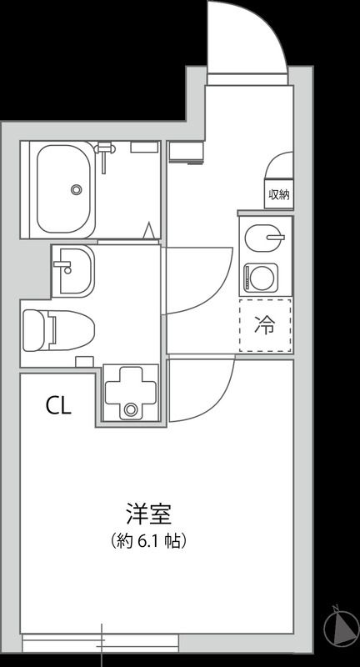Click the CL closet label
point(58,406)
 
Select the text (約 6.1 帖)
point(148,540)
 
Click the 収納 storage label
point(278,194)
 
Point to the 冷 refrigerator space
point(264,325)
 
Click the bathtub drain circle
point(77,189)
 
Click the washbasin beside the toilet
point(74,270)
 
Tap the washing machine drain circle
point(130,409)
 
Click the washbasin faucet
point(63,267)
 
